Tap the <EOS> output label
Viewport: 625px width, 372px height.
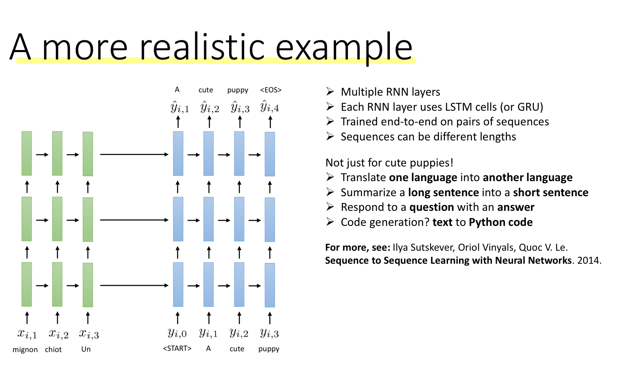tap(271, 90)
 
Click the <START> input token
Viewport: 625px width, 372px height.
tap(177, 348)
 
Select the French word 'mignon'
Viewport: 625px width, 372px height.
tap(25, 350)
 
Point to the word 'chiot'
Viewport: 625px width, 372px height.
tap(53, 350)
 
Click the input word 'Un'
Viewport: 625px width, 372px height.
tap(86, 349)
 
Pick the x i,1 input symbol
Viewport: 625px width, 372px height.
tap(27, 334)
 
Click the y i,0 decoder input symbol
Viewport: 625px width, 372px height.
tap(177, 333)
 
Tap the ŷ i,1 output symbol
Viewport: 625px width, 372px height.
tap(179, 107)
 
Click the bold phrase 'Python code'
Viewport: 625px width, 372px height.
tap(500, 222)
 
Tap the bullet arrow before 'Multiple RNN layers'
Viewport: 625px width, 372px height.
tap(330, 92)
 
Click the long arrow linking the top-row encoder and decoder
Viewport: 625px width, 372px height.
tap(134, 155)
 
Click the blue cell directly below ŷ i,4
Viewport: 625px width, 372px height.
tap(270, 154)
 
